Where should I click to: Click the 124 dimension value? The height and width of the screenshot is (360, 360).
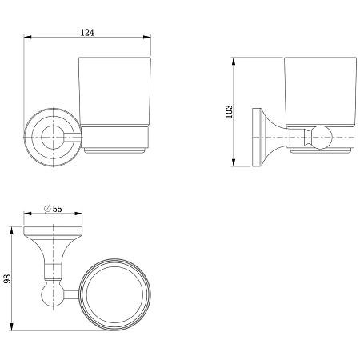point(87,33)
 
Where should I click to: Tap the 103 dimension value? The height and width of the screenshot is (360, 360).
point(229,111)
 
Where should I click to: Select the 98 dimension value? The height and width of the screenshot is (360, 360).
point(7,278)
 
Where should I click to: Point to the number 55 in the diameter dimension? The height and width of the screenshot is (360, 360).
point(57,209)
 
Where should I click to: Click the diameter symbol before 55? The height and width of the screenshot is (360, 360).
point(47,209)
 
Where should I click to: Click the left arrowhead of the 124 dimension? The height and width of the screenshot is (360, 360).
point(28,37)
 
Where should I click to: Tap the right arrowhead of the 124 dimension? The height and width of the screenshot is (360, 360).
point(147,37)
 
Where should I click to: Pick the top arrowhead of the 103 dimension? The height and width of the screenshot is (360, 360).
point(234,61)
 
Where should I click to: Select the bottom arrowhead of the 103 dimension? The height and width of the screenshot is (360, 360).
point(234,162)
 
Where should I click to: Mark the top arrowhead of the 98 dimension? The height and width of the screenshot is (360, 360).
point(11,230)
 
